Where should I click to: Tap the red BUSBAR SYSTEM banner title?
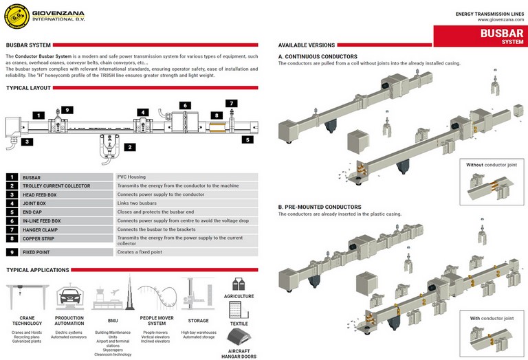click(481, 35)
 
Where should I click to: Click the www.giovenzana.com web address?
click(498, 20)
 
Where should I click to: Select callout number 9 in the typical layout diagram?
click(67, 110)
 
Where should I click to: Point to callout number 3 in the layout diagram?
click(26, 142)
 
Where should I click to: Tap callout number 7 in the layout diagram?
click(232, 104)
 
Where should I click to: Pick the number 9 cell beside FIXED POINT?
click(12, 253)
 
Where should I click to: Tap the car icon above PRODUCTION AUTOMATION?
click(69, 296)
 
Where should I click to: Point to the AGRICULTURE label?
click(239, 296)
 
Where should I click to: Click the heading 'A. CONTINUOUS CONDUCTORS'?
click(318, 56)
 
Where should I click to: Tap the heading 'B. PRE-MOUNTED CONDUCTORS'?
click(320, 207)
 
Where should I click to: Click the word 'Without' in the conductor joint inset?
click(475, 165)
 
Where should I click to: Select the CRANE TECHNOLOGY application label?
click(26, 320)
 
